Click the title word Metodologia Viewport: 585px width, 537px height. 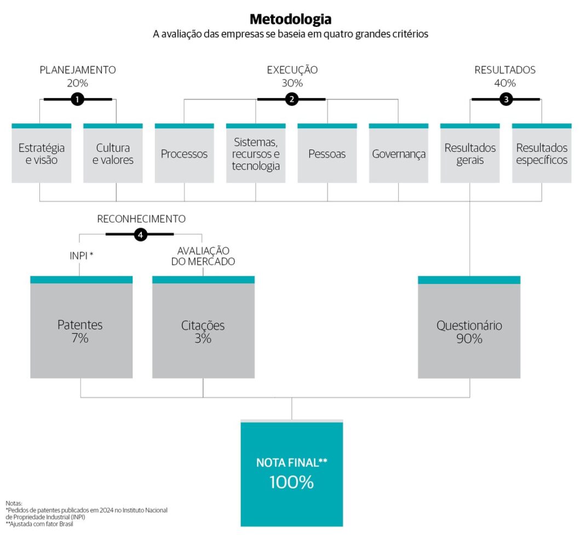point(291,19)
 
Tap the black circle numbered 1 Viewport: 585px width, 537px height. point(77,99)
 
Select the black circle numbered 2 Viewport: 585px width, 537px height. point(292,99)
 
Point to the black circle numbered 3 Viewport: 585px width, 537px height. point(506,99)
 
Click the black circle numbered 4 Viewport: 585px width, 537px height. point(140,235)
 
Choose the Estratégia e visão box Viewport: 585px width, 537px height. point(42,153)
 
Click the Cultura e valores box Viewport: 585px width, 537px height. point(113,153)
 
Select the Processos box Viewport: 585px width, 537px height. point(184,153)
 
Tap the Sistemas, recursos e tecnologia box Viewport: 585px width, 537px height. point(256,153)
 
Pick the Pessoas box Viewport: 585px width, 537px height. point(327,153)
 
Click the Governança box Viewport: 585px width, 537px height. point(398,153)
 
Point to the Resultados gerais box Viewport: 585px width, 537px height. point(470,153)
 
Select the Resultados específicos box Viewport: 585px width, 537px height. point(542,153)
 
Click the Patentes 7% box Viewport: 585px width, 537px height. point(81,327)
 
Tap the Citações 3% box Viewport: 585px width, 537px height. point(203,327)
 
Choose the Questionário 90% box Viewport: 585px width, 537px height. point(469,327)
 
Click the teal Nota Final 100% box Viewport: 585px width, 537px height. point(292,473)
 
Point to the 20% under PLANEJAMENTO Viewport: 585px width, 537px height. point(78,83)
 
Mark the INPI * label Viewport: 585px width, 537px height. point(81,256)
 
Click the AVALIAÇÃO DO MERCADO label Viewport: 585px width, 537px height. point(203,256)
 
